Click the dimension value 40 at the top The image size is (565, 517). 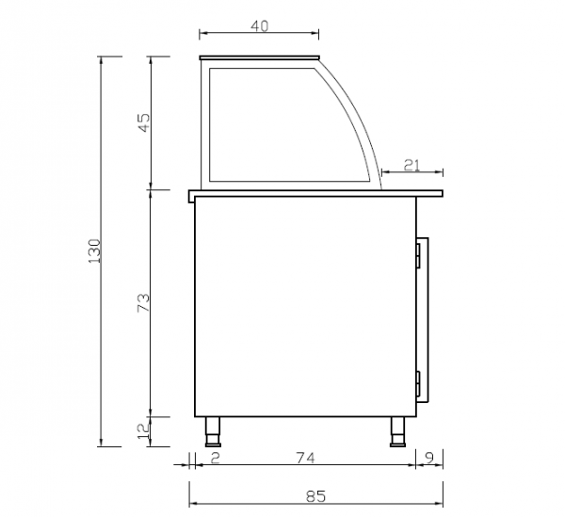click(260, 26)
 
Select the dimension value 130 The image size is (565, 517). click(94, 251)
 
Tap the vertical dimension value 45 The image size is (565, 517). click(144, 122)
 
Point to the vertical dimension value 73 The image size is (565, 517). click(144, 302)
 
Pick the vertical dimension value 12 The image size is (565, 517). click(144, 430)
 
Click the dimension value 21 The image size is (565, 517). click(412, 165)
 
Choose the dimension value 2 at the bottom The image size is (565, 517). click(215, 459)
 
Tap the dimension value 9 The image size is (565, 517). click(429, 459)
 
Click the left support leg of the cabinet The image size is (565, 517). click(214, 430)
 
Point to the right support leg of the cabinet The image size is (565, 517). click(396, 430)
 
